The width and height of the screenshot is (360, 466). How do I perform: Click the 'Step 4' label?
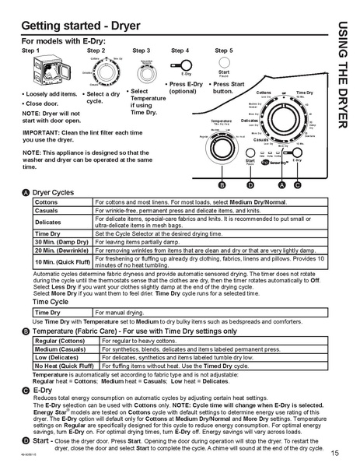180,50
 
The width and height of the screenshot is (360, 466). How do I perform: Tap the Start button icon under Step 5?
224,67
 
